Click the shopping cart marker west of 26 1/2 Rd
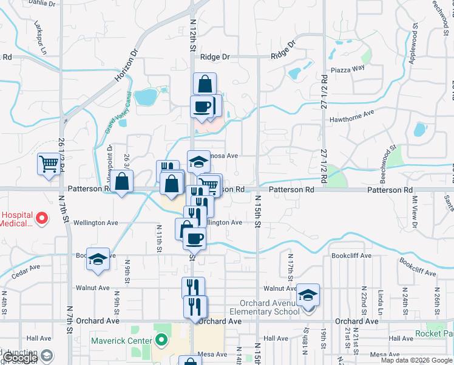(49, 164)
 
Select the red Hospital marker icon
(42, 217)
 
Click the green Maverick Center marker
(161, 339)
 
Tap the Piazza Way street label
(351, 68)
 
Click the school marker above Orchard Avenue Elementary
(308, 296)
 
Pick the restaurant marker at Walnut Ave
(193, 288)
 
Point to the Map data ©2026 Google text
(416, 360)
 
